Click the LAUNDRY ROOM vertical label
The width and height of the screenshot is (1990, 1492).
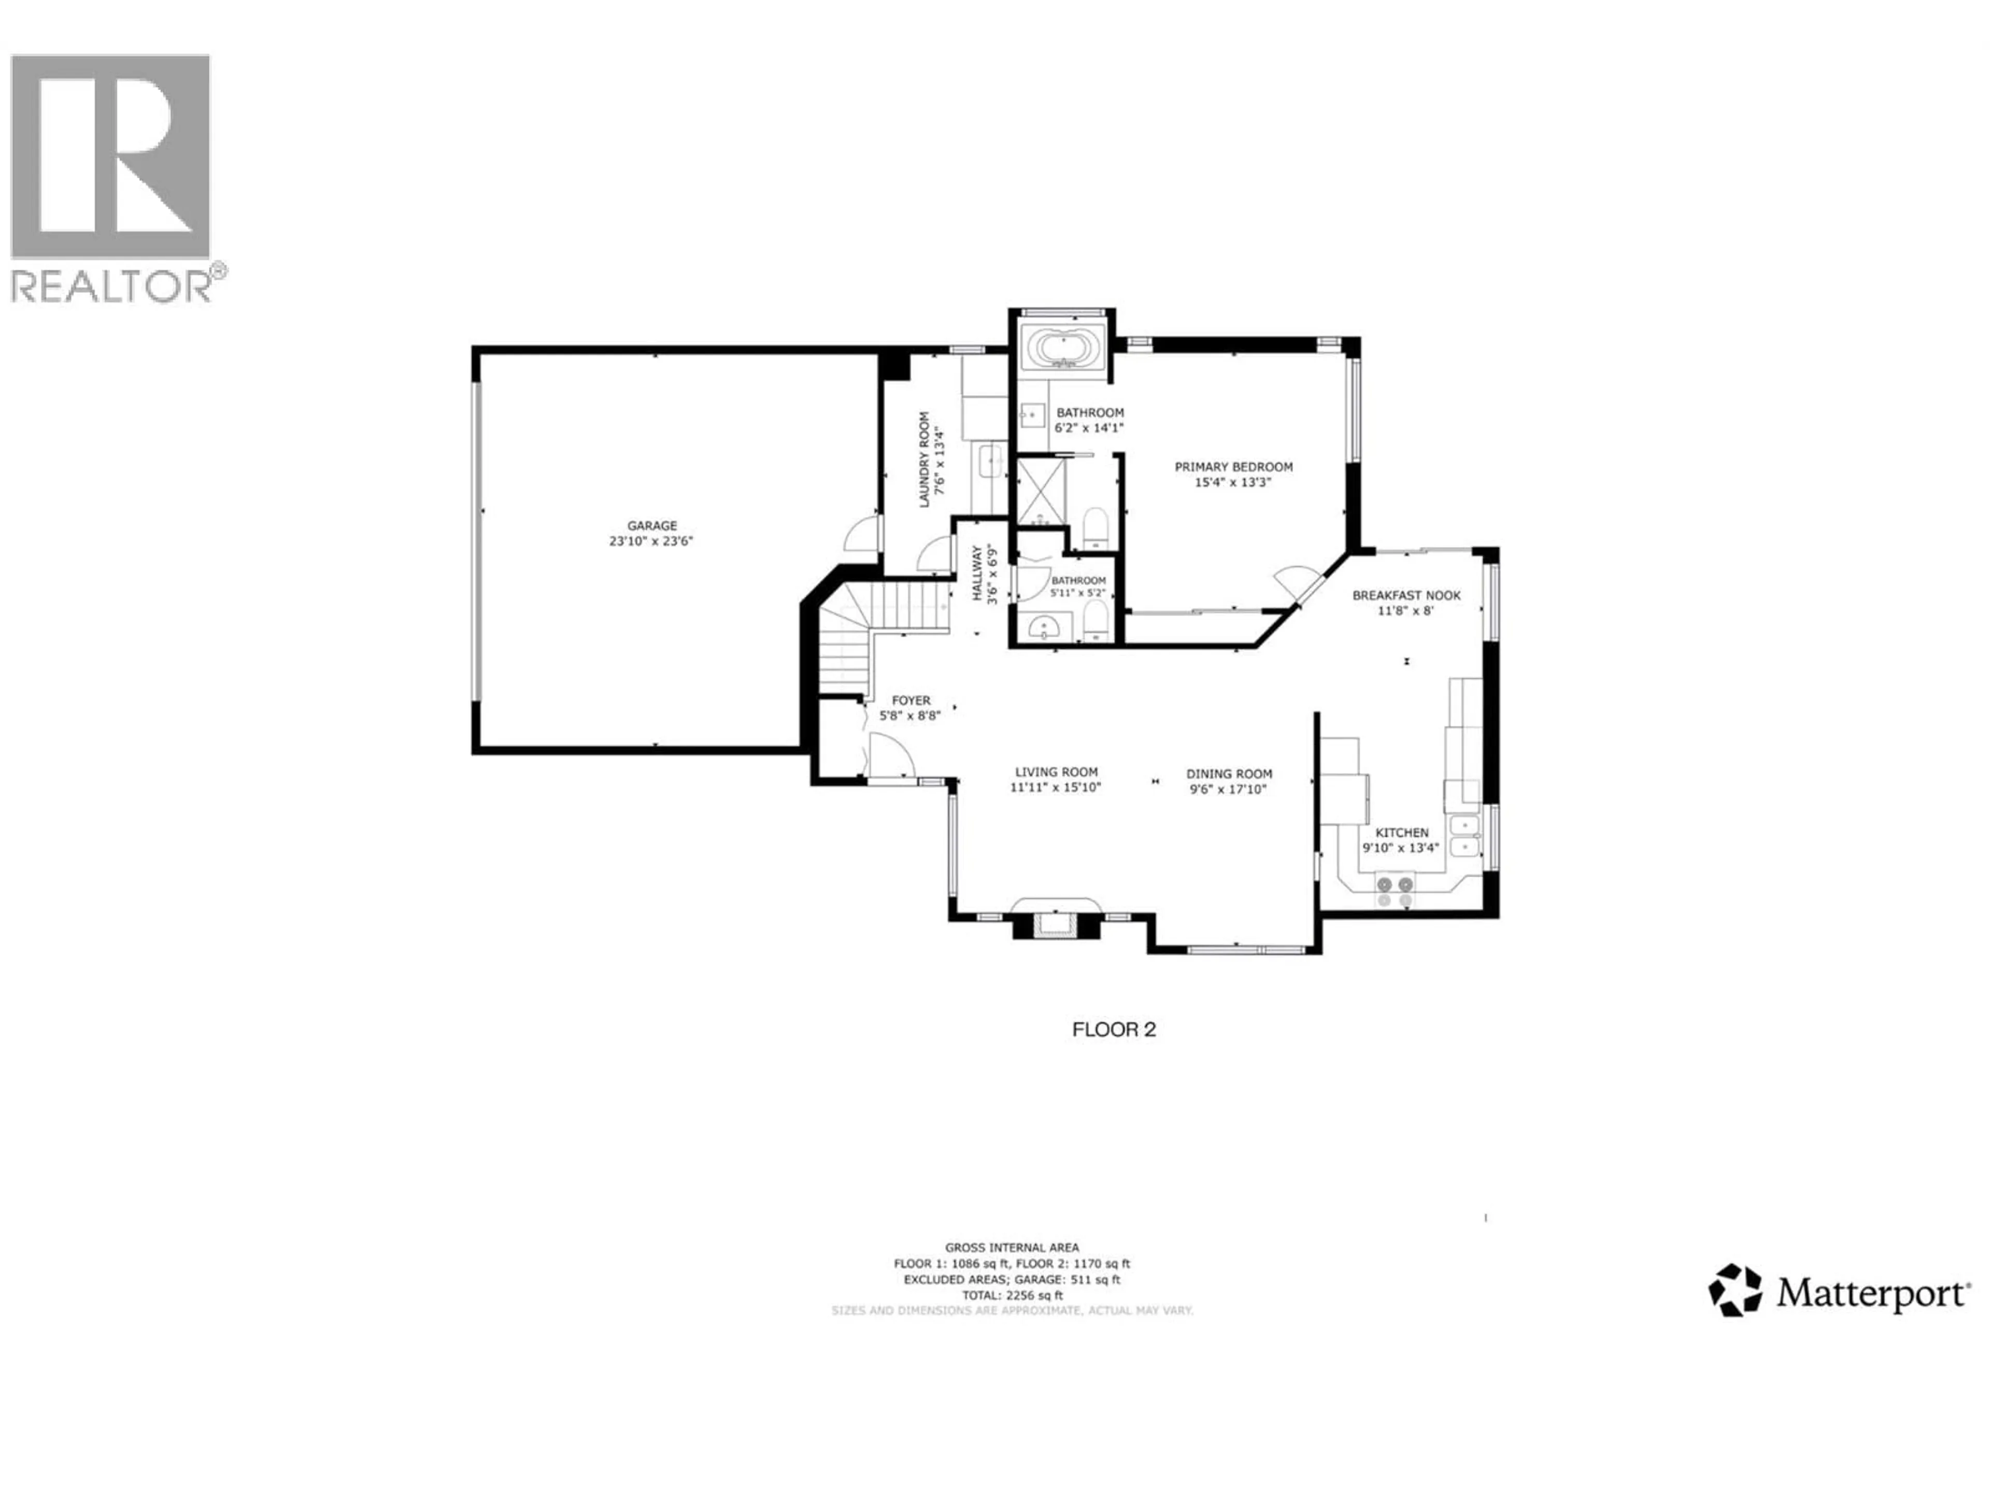(x=924, y=460)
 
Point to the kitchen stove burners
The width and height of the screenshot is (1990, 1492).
(x=1395, y=891)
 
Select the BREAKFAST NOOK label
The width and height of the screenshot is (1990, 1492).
(x=1405, y=595)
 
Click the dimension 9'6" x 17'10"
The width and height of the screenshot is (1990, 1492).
(x=1228, y=790)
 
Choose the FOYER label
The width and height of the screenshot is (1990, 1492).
(x=911, y=700)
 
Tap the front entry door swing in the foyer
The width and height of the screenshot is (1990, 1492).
(x=889, y=755)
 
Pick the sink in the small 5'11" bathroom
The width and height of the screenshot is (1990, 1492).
(x=1044, y=627)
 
